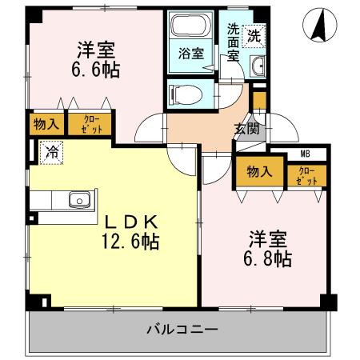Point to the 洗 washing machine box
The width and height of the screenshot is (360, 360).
(x=253, y=35)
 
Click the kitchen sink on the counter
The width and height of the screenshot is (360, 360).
(x=79, y=200)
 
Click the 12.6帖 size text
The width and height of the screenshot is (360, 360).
(x=128, y=241)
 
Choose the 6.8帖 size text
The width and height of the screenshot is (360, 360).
(x=268, y=258)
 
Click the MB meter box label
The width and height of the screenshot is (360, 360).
(x=305, y=154)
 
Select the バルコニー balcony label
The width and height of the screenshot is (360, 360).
(x=182, y=329)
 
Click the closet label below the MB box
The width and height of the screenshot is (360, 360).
(x=307, y=175)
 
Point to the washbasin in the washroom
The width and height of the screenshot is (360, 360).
(x=258, y=68)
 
